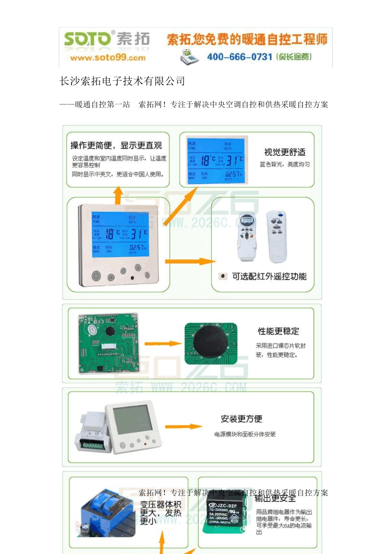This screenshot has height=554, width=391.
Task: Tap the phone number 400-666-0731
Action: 240,57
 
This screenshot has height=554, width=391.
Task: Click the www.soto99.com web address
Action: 108,58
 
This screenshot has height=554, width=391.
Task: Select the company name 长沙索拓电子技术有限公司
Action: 122,81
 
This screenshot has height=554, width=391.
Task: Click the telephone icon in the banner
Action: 189,56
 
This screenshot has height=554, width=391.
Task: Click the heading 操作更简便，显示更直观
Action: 116,146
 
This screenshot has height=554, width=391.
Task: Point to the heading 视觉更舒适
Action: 285,152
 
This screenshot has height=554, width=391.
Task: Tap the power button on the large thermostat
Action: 96,275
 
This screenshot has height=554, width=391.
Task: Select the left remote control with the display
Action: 247,237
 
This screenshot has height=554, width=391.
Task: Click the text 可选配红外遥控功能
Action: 269,277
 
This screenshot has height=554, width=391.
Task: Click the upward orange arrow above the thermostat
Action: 118,195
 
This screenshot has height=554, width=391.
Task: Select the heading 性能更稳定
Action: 278,331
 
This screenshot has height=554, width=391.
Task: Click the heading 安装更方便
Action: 241,419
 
